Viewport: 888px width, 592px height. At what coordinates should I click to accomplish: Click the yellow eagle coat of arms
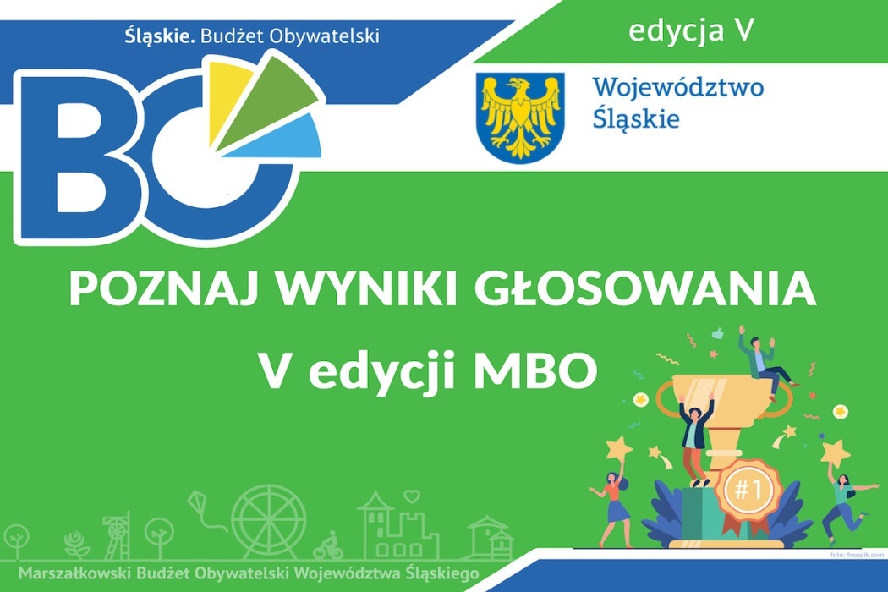point(520,118)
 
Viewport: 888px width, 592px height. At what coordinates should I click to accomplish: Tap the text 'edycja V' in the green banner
point(692,31)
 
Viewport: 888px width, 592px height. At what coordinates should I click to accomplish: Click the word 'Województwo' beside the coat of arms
point(678,88)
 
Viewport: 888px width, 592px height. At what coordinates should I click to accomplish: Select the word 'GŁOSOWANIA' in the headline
point(645,289)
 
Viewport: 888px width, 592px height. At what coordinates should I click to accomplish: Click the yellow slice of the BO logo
point(227,99)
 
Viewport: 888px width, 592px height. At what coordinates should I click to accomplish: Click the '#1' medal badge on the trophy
point(748,488)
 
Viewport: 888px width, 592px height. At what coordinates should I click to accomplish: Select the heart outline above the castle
point(412,496)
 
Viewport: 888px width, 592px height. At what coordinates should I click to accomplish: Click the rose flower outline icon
point(76,545)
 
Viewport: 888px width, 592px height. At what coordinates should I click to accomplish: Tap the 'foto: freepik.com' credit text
point(857,555)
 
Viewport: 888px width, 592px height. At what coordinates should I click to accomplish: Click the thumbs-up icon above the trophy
point(718,334)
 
